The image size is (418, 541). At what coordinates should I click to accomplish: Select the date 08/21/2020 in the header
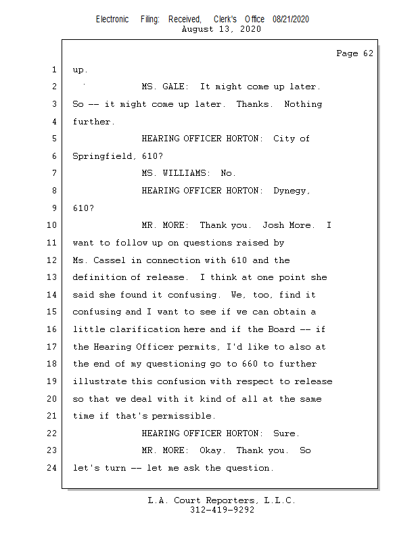point(291,20)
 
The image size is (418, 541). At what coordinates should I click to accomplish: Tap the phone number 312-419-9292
point(222,511)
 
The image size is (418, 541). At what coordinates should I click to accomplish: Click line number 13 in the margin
point(54,277)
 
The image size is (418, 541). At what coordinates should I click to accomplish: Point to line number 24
point(54,468)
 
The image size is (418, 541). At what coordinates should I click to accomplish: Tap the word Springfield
point(102,156)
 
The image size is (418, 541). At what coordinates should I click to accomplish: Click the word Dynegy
point(292,191)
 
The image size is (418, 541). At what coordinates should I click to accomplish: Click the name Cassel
point(110,260)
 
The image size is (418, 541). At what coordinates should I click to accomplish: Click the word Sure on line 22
point(286,433)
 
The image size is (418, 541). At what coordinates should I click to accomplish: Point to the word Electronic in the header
point(112,20)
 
